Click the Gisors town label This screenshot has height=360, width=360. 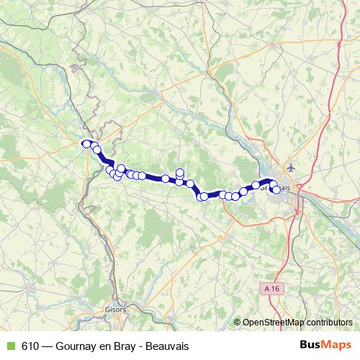116,309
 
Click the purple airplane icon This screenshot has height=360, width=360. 290,168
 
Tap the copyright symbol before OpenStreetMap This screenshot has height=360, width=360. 238,323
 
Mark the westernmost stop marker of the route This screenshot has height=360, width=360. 86,144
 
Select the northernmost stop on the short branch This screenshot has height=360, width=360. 180,172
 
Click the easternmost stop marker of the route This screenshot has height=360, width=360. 276,189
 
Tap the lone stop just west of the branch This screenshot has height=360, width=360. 166,179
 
